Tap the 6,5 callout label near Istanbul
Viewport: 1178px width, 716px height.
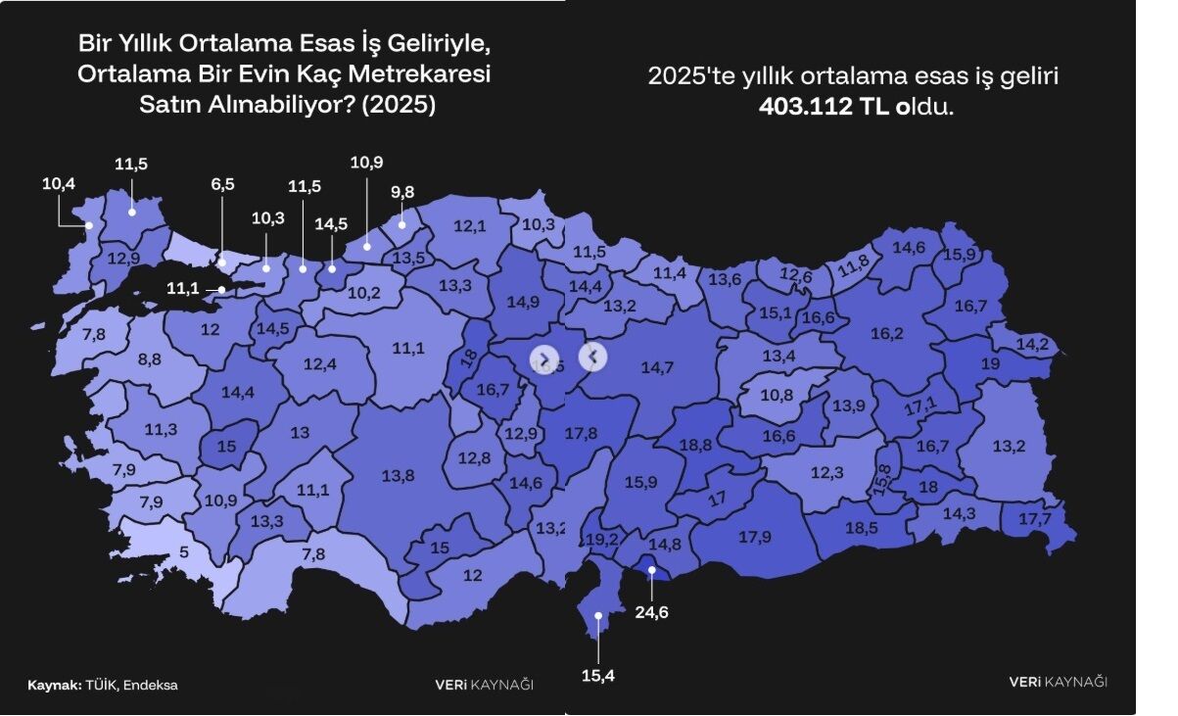tap(222, 184)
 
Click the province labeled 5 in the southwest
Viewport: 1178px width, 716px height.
tap(184, 551)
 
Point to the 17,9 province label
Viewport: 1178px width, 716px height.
tap(754, 537)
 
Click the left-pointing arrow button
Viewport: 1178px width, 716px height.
tap(593, 357)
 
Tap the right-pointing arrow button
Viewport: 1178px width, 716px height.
tap(544, 359)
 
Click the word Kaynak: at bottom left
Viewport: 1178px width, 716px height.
tap(55, 686)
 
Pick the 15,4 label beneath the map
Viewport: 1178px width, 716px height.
tap(597, 676)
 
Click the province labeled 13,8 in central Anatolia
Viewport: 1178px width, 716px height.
tap(398, 476)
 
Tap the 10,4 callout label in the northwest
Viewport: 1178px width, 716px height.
tap(58, 183)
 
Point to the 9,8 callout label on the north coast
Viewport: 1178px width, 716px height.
tap(402, 192)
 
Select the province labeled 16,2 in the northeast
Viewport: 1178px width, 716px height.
tap(886, 334)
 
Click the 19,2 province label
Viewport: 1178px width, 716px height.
tap(603, 540)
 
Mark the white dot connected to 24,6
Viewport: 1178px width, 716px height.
tap(651, 569)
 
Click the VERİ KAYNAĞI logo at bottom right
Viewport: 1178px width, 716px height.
tap(1059, 682)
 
